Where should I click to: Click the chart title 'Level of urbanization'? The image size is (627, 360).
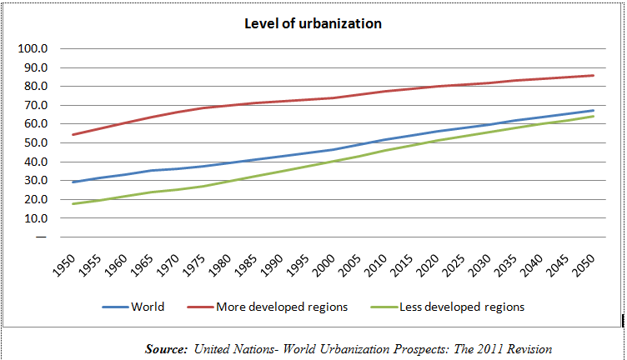pyautogui.click(x=313, y=23)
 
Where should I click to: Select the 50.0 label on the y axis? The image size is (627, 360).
pyautogui.click(x=33, y=142)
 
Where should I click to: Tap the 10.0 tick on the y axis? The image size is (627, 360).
pyautogui.click(x=33, y=218)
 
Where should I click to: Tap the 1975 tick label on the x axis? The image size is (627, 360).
pyautogui.click(x=202, y=260)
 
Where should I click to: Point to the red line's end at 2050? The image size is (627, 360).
pyautogui.click(x=594, y=76)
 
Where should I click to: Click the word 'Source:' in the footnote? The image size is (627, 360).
pyautogui.click(x=166, y=348)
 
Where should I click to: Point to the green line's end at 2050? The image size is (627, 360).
pyautogui.click(x=594, y=116)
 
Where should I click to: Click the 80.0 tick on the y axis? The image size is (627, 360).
pyautogui.click(x=33, y=86)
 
